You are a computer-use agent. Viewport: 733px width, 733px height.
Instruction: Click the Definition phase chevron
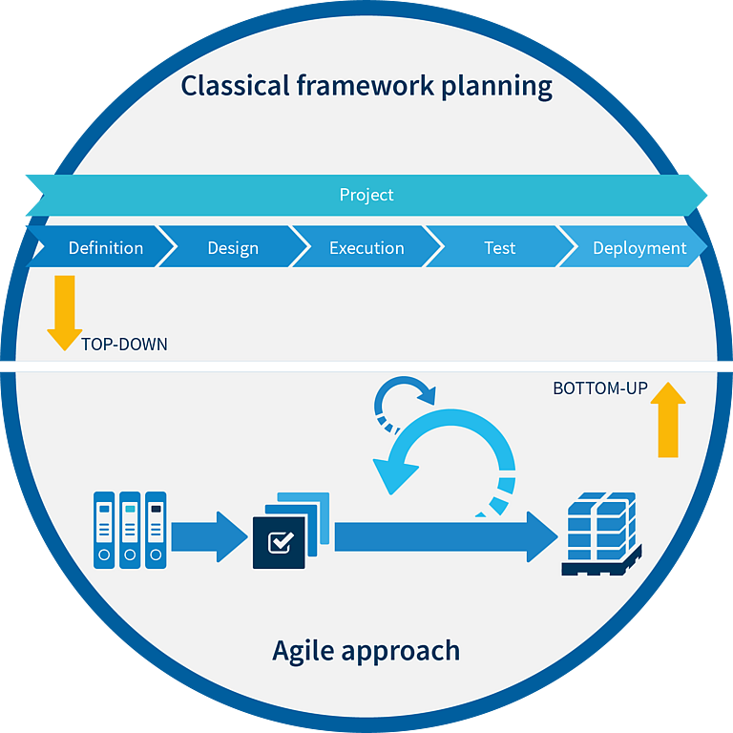(100, 247)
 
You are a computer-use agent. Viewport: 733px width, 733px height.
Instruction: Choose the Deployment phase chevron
(634, 247)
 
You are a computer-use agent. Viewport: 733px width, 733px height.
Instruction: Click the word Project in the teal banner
(366, 195)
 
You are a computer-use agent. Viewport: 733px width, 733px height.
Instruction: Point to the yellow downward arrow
(65, 313)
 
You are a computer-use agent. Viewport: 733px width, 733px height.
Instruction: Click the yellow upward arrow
(668, 419)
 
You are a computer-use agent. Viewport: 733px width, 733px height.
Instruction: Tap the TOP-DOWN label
(124, 344)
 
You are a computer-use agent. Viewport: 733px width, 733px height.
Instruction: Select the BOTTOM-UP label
(600, 388)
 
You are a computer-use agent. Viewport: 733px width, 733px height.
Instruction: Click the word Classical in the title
(235, 86)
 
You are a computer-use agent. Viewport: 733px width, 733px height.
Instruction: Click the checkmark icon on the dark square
(281, 542)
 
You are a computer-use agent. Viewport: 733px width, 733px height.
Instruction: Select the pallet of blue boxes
(601, 534)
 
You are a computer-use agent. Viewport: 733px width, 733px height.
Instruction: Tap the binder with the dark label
(156, 530)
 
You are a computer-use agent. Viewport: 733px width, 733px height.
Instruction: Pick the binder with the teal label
(130, 530)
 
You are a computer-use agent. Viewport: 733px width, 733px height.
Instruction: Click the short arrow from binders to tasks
(209, 536)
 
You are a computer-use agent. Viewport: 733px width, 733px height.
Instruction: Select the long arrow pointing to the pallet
(447, 536)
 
